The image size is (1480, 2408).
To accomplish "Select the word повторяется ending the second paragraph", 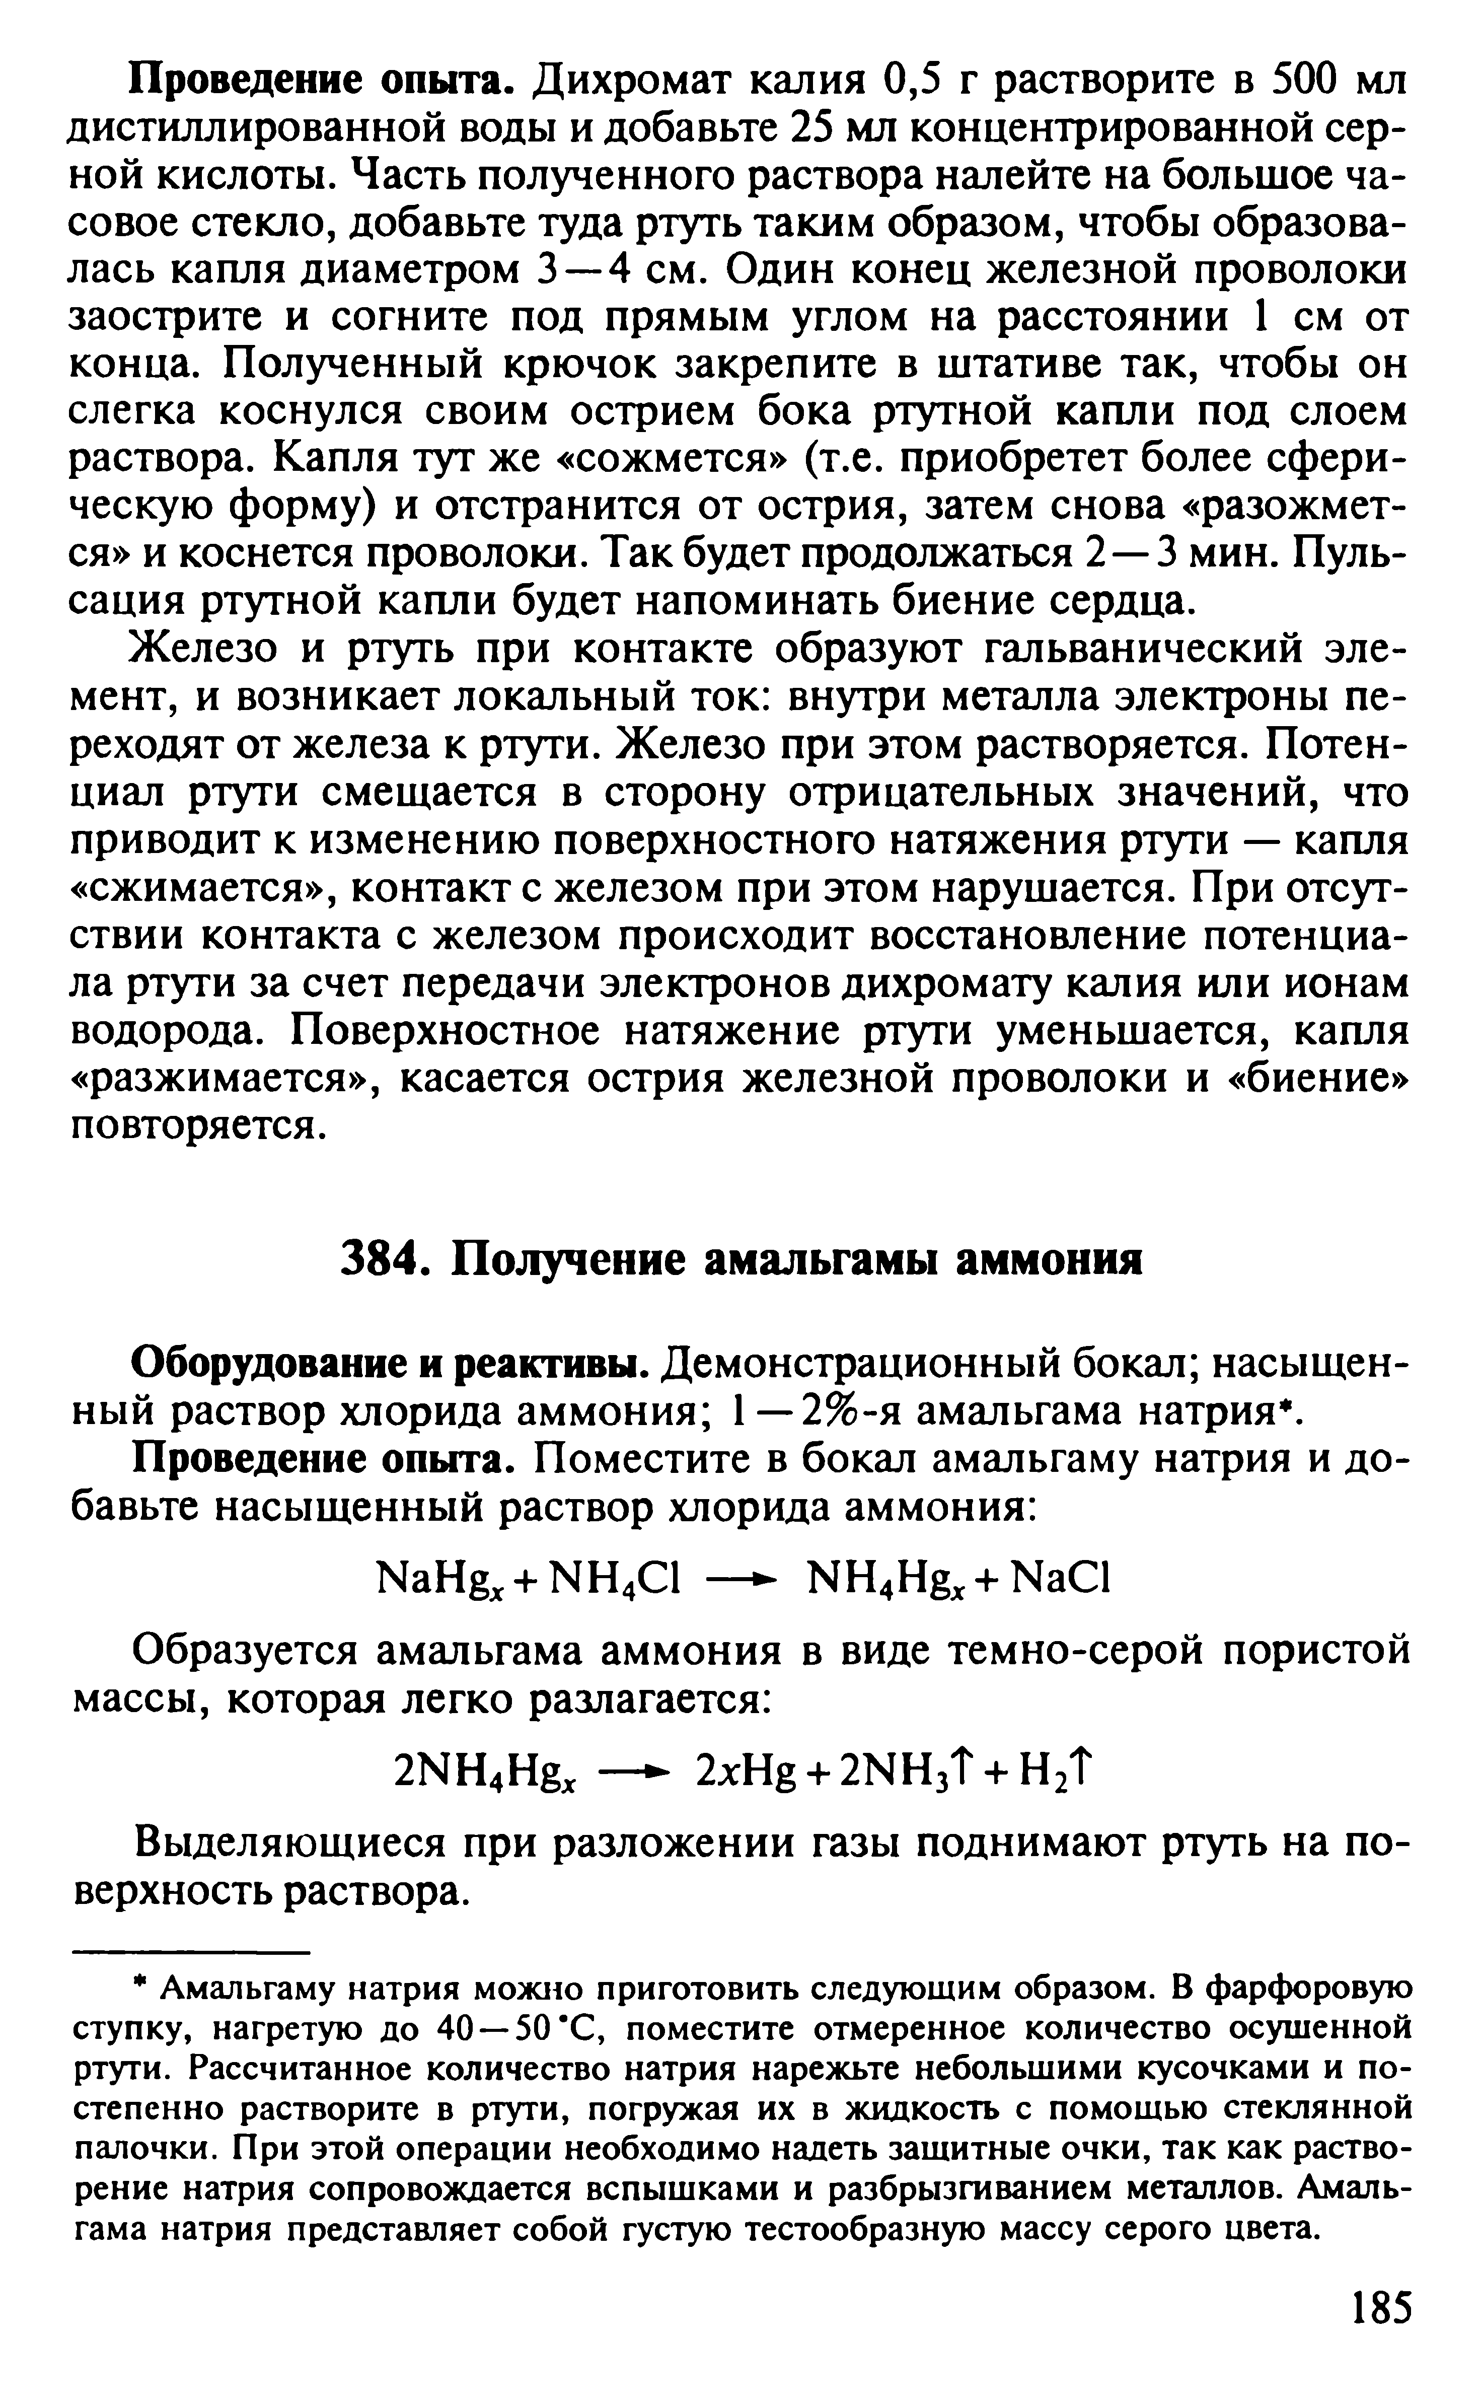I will tap(196, 1125).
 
